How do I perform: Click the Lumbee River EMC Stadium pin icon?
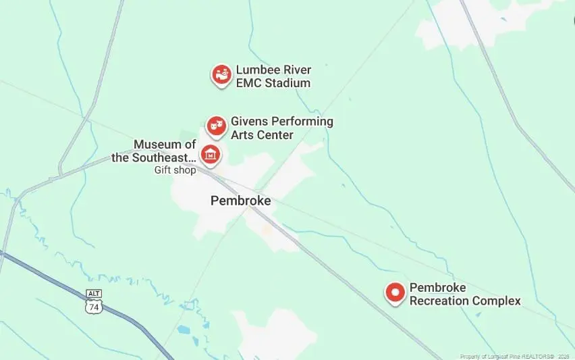pos(221,75)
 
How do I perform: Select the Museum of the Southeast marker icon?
pos(211,155)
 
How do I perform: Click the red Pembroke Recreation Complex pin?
pos(395,292)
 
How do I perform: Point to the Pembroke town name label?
pos(241,201)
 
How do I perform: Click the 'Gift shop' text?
pos(174,170)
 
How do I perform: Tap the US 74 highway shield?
pos(93,306)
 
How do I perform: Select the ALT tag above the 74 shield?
pos(93,294)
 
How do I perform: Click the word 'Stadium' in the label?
pos(287,83)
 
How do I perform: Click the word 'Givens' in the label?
pos(250,122)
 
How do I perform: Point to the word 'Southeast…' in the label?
pos(164,158)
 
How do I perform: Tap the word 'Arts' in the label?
pos(243,135)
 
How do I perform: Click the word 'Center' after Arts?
pos(276,135)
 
